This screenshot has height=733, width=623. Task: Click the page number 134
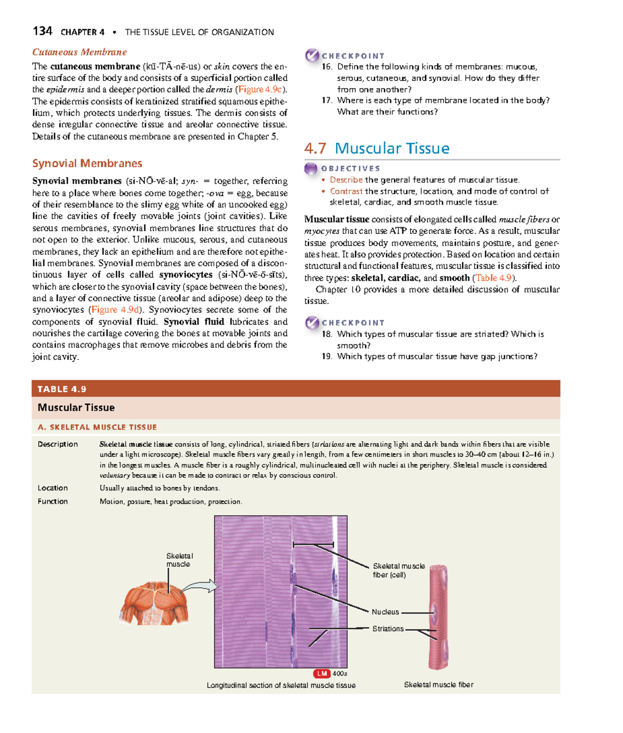point(42,31)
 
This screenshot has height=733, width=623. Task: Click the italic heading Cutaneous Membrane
point(79,52)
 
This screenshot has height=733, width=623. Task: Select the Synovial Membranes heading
point(87,164)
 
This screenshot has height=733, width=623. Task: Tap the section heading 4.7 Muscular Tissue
point(377,149)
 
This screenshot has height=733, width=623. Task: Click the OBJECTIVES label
point(350,168)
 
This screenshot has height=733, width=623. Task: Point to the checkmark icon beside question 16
point(312,55)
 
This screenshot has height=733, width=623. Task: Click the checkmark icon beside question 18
point(312,323)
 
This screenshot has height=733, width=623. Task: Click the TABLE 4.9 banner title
point(62,389)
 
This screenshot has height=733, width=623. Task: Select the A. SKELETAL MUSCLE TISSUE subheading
point(97,427)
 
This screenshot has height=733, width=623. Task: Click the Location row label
point(52,488)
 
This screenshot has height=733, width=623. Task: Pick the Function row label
point(52,501)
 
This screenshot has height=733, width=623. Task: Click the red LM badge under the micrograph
point(322,673)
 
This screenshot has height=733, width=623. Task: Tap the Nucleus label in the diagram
point(385,612)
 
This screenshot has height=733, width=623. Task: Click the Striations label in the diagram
point(388,629)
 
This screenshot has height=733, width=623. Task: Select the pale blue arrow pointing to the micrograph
point(200,587)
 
